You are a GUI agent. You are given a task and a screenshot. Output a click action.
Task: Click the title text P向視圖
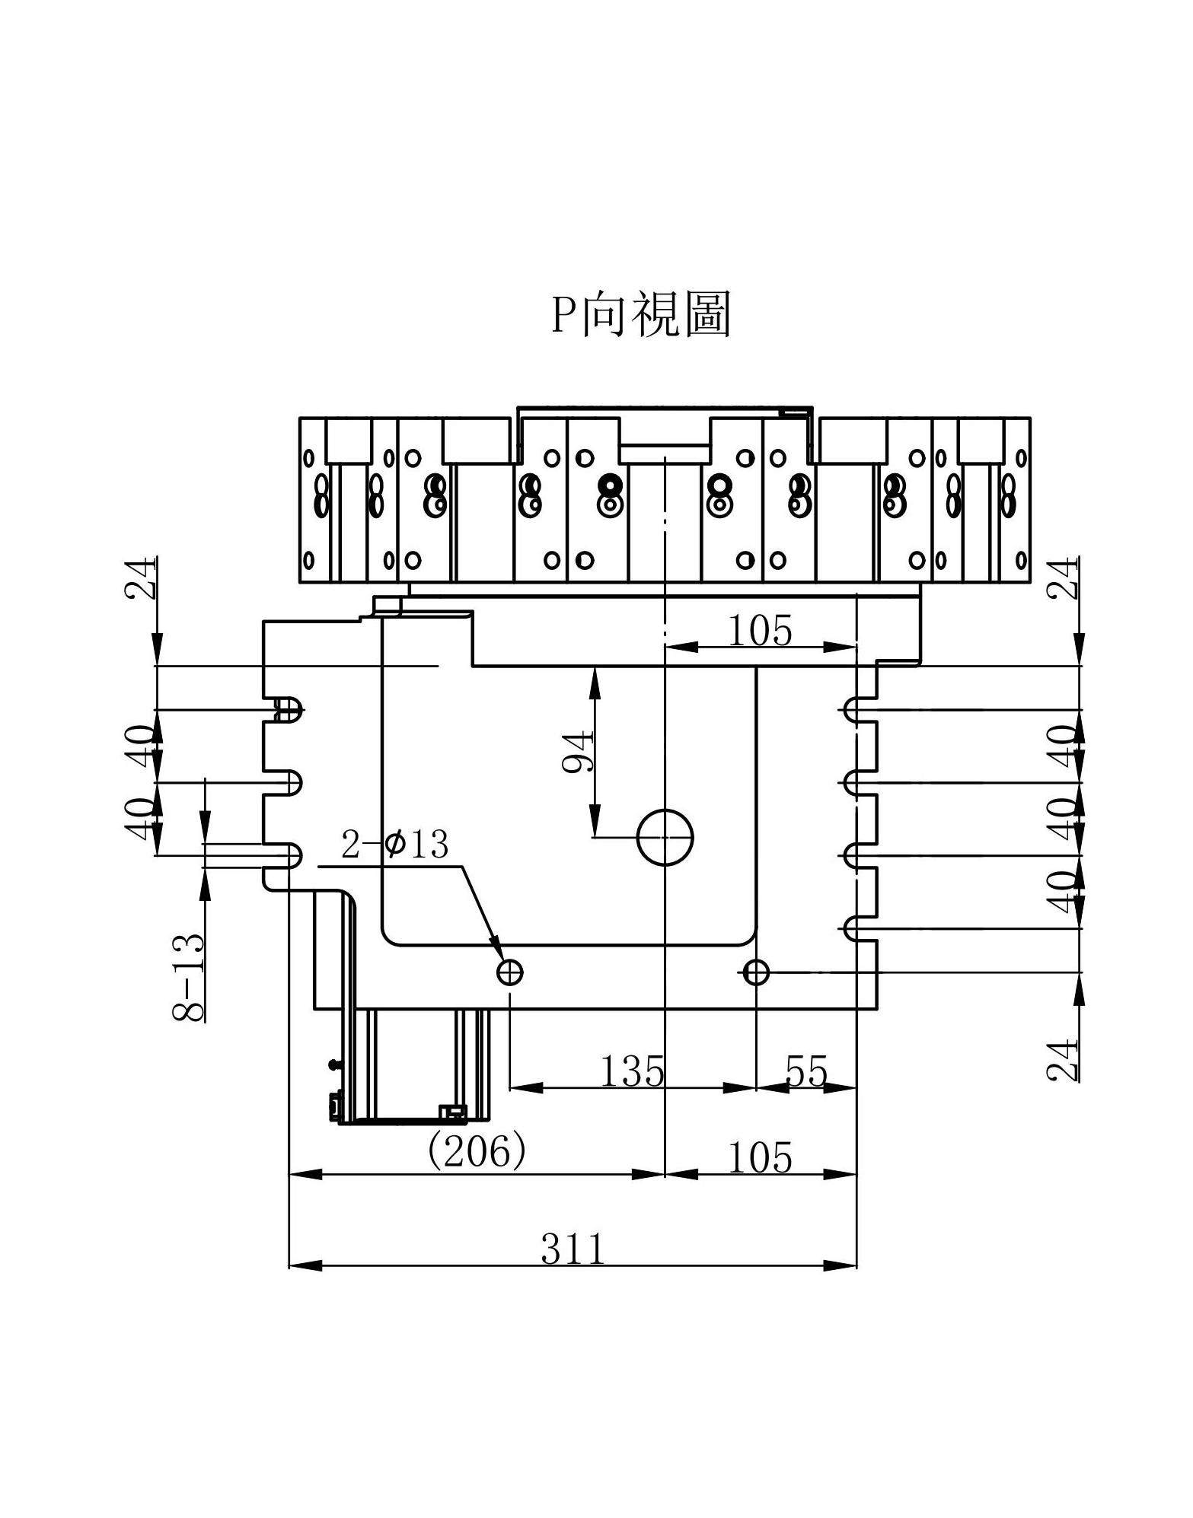(x=640, y=314)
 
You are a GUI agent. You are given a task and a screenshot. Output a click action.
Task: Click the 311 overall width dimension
(x=573, y=1248)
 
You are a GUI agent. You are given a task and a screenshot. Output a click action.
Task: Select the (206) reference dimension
(x=477, y=1152)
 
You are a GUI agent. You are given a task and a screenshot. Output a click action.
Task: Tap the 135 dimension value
(x=632, y=1071)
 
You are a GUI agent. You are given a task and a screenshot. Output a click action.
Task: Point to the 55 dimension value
(x=805, y=1071)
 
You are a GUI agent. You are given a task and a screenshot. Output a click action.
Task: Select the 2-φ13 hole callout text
(x=394, y=845)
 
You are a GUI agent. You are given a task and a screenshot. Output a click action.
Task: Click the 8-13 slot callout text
(x=189, y=977)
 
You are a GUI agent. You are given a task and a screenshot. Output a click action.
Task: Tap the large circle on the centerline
(x=665, y=837)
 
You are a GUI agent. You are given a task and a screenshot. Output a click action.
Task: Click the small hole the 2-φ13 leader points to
(x=509, y=972)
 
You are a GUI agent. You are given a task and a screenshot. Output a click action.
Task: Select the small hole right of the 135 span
(x=756, y=972)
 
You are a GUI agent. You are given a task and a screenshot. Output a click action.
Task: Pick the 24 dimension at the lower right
(x=1063, y=1060)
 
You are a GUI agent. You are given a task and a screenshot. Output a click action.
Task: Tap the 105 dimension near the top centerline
(x=760, y=630)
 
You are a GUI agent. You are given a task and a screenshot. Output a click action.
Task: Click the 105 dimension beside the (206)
(x=760, y=1157)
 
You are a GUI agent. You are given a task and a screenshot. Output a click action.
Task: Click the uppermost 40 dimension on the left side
(x=142, y=746)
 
